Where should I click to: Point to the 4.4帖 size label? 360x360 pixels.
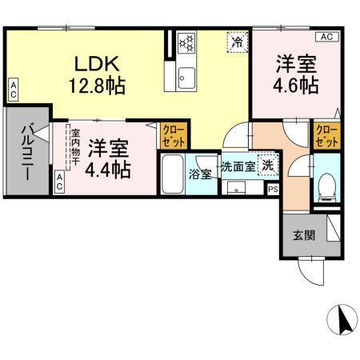(x=108, y=169)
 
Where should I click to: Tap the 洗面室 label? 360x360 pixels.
(x=238, y=167)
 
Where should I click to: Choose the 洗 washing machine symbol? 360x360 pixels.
(x=268, y=167)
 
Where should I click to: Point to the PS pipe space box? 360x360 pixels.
(x=273, y=190)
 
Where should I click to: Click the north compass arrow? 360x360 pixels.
(x=346, y=321)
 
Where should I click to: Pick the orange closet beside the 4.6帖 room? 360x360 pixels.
(x=326, y=135)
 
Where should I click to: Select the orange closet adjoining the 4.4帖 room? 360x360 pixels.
(x=171, y=135)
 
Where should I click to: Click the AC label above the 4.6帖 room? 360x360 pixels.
(x=326, y=37)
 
